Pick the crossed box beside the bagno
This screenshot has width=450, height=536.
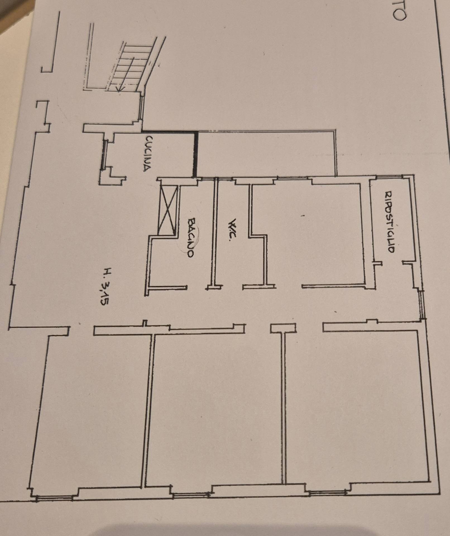(x=167, y=210)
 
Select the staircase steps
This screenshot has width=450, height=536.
(x=131, y=67)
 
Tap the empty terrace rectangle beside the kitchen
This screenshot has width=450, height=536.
(x=267, y=154)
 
